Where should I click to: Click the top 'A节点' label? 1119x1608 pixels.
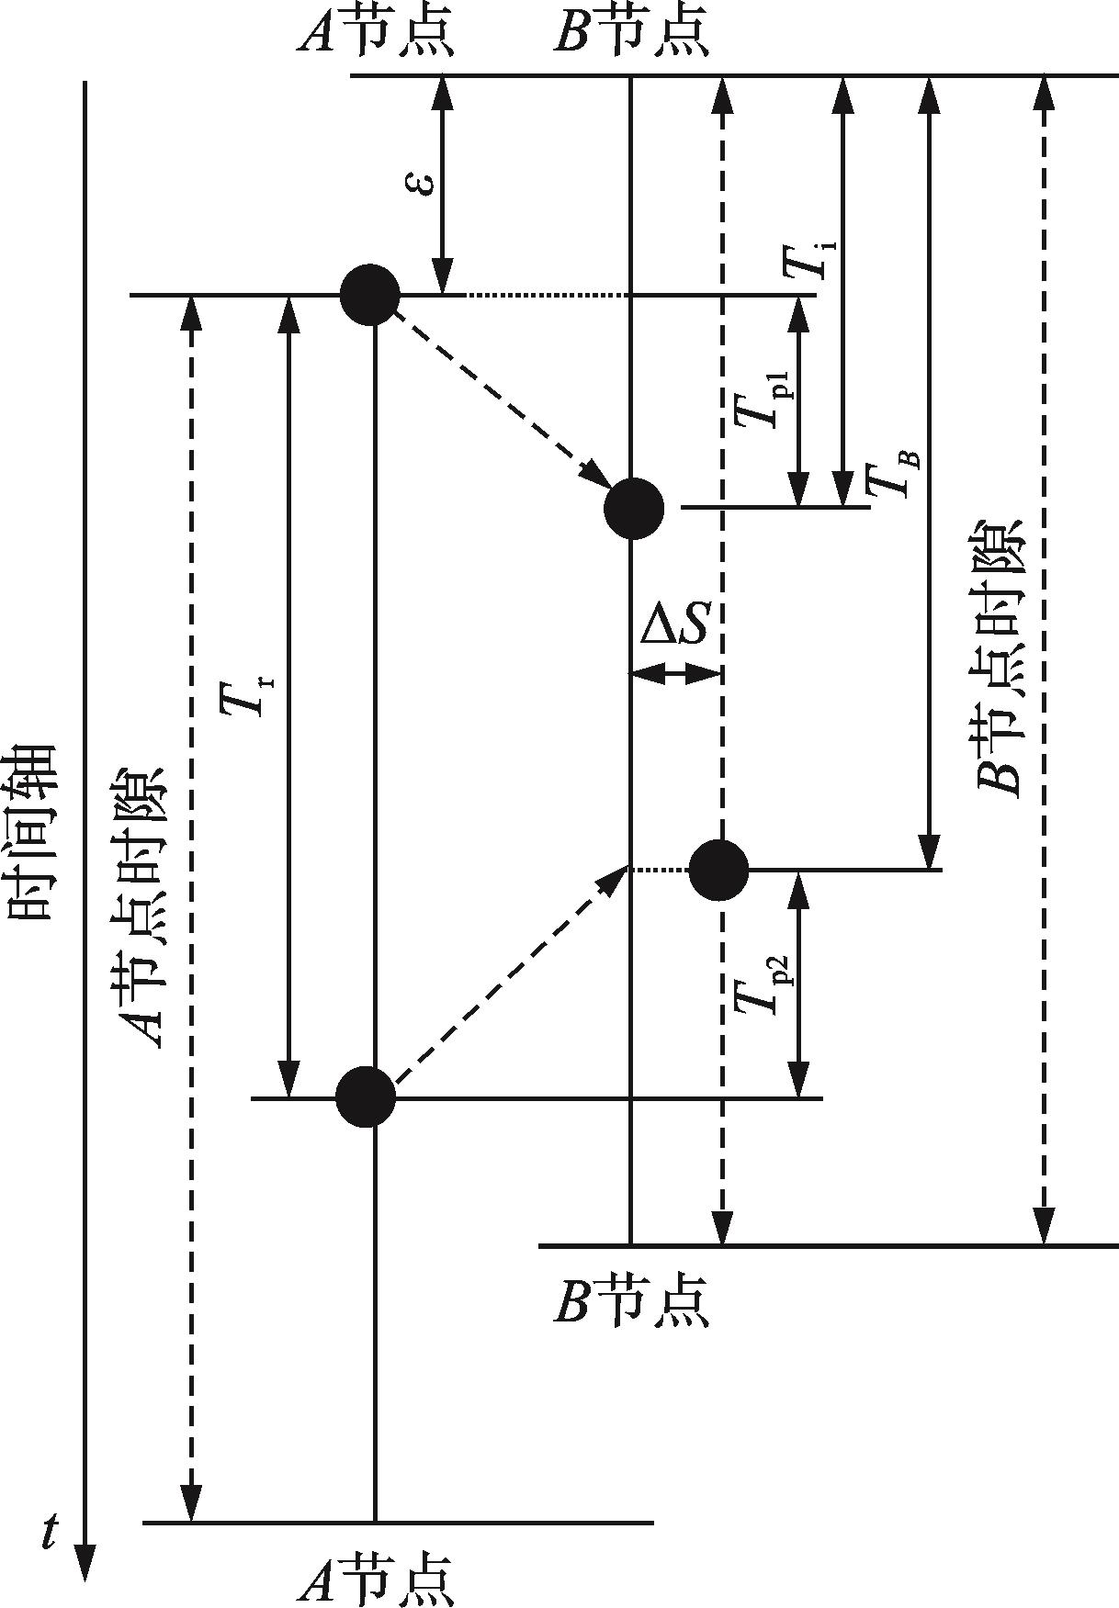(376, 35)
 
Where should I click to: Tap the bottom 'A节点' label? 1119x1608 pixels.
(376, 1580)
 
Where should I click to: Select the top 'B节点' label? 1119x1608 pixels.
(631, 35)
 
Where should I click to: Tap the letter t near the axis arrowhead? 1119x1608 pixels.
(51, 1532)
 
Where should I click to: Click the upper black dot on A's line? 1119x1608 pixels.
(370, 296)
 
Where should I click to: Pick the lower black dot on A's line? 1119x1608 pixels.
(366, 1096)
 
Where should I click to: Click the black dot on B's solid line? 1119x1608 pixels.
(634, 508)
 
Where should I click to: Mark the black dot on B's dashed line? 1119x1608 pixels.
(719, 870)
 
